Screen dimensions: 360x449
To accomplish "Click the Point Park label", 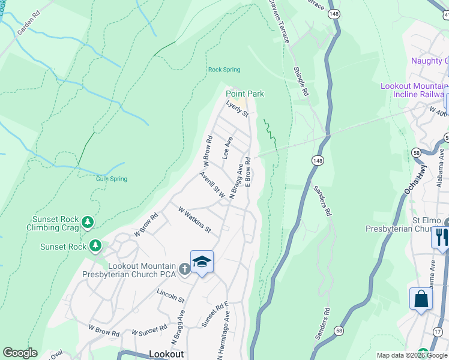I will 244,94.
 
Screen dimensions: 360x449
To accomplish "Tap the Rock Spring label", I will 224,70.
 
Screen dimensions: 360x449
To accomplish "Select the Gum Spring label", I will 111,179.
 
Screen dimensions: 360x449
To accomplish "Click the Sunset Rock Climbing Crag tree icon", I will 88,223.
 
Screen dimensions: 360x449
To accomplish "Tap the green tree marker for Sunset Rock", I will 95,246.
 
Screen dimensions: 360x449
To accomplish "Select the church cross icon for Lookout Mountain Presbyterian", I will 184,269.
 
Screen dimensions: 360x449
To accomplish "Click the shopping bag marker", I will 421,299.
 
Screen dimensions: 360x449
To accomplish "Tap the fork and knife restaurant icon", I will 441,237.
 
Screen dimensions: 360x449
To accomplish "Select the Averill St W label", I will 212,185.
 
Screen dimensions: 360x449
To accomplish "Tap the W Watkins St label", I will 194,220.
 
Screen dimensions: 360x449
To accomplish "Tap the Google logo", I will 20,353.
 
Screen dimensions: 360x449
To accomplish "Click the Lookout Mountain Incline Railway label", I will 414,90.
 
